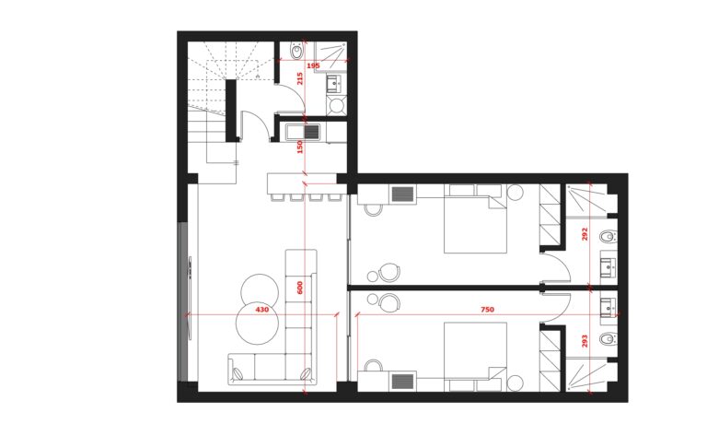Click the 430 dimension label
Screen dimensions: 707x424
(262, 310)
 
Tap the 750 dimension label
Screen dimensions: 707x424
(487, 310)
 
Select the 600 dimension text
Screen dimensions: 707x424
(300, 288)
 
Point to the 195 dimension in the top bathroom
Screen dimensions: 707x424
(313, 66)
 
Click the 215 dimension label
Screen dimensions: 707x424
(300, 78)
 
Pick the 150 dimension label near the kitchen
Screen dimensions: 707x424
(300, 147)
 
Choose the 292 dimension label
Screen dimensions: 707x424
(585, 234)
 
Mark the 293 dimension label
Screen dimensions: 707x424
(585, 341)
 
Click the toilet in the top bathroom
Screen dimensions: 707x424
(296, 51)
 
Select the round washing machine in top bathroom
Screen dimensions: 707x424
(336, 106)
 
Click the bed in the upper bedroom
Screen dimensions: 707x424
(476, 218)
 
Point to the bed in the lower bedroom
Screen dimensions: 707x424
(476, 357)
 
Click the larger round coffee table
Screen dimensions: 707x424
(258, 323)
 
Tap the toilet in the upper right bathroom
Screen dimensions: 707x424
(608, 236)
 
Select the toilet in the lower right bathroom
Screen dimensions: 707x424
(608, 338)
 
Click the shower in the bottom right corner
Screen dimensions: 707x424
(586, 375)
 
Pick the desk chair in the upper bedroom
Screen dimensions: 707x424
(373, 210)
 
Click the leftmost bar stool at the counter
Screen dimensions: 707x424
(275, 197)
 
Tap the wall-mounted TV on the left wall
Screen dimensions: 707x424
(190, 298)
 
